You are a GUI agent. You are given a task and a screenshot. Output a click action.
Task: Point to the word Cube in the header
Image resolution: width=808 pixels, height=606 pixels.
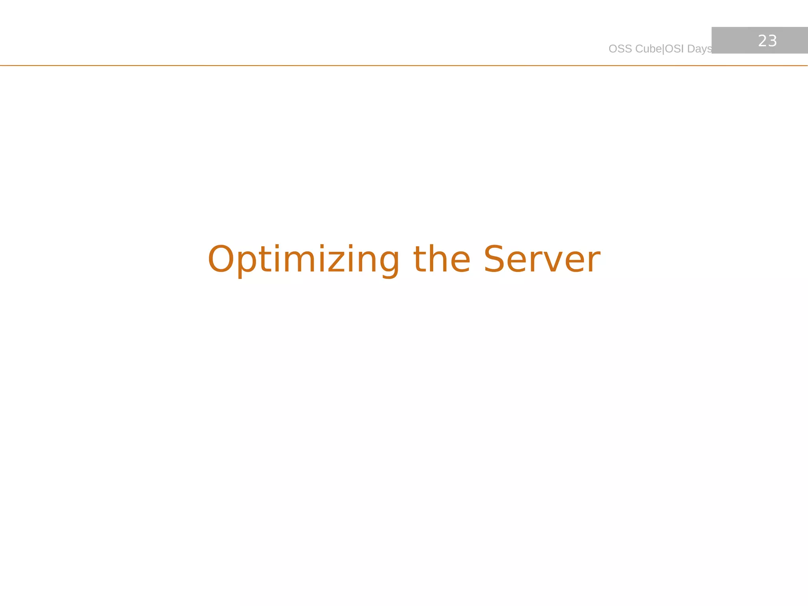(649, 49)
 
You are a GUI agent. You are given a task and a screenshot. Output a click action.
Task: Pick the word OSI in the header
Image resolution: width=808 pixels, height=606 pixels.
(674, 49)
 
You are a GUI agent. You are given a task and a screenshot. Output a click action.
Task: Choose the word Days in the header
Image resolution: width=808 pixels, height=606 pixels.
(700, 49)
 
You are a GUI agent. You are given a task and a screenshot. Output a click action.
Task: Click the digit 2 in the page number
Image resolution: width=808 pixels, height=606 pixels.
(762, 41)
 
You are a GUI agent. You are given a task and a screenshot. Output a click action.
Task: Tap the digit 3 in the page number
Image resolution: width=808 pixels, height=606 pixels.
(772, 41)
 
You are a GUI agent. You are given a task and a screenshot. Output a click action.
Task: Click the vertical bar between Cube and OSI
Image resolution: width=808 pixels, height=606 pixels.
(664, 49)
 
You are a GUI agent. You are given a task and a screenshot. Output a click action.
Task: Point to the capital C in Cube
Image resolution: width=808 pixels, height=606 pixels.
(639, 49)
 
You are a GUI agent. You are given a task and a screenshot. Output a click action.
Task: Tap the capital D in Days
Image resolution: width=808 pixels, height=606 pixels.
(691, 49)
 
